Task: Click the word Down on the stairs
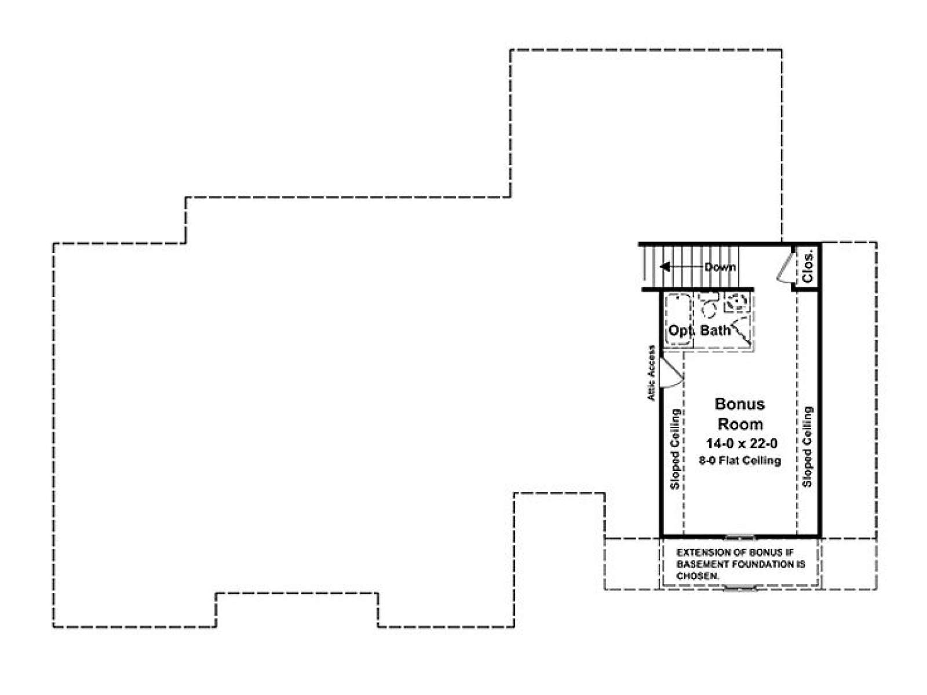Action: click(720, 267)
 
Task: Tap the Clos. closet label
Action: click(807, 267)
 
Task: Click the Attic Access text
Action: click(652, 373)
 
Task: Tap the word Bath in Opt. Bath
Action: click(715, 330)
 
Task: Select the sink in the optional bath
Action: click(737, 303)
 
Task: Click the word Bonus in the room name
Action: click(739, 404)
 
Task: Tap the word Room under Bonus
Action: click(740, 424)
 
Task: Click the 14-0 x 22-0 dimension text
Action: click(742, 444)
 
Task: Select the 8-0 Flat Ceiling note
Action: click(740, 460)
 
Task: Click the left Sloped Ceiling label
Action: click(675, 449)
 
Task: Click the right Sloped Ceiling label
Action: click(807, 447)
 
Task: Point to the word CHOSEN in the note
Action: click(697, 576)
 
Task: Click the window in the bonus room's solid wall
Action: click(740, 537)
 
